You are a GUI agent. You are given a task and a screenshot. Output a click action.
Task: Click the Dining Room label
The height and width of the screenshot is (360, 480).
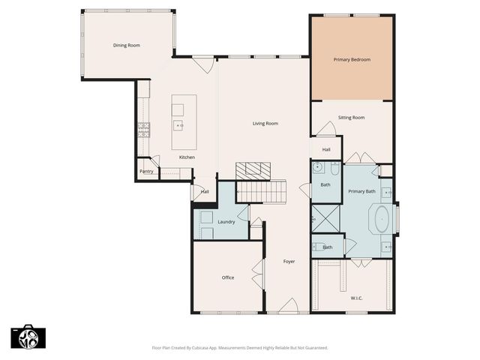tap(127, 46)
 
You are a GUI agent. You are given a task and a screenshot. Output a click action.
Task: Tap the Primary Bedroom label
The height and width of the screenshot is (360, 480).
tap(352, 59)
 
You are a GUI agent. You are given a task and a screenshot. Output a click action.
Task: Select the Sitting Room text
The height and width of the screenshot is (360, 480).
tap(351, 118)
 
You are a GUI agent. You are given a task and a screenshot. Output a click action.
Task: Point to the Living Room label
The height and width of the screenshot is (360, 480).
tap(265, 123)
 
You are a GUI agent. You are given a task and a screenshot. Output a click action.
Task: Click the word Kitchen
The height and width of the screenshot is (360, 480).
tap(187, 157)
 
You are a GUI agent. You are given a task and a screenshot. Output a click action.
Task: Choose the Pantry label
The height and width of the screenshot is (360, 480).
tap(146, 172)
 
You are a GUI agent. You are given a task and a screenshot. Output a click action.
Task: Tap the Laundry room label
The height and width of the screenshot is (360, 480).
tap(226, 222)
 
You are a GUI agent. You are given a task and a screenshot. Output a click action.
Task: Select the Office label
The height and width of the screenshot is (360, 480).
tap(228, 277)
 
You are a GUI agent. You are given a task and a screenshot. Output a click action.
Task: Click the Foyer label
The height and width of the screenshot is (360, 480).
tap(289, 262)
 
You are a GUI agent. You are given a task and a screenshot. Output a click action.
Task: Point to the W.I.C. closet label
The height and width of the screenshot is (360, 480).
tap(356, 298)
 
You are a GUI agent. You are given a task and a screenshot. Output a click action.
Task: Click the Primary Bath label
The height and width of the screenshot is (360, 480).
tap(361, 191)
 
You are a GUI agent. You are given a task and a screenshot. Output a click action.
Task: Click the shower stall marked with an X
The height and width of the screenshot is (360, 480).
tap(326, 220)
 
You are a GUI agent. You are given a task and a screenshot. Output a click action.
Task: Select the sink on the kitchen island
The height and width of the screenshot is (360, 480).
tap(178, 126)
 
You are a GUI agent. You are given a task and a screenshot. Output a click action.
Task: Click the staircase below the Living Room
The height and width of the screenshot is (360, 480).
tap(262, 193)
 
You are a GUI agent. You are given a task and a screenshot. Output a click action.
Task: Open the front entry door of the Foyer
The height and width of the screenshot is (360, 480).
tap(288, 307)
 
